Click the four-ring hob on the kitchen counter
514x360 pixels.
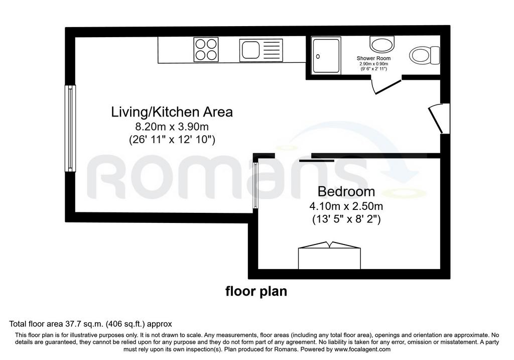pyautogui.click(x=206, y=50)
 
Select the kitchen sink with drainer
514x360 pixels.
pyautogui.click(x=261, y=50)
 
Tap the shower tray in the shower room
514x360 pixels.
pyautogui.click(x=326, y=55)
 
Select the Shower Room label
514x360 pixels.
pyautogui.click(x=373, y=58)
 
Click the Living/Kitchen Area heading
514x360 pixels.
pyautogui.click(x=172, y=112)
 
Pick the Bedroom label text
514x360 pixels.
pyautogui.click(x=346, y=191)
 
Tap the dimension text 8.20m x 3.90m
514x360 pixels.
pyautogui.click(x=172, y=126)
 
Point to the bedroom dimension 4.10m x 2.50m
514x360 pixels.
pyautogui.click(x=346, y=206)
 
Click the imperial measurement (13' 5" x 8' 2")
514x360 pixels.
pyautogui.click(x=346, y=219)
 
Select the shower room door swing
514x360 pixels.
pyautogui.click(x=386, y=86)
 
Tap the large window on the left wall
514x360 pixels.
pyautogui.click(x=70, y=128)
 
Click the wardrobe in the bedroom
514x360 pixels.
pyautogui.click(x=329, y=256)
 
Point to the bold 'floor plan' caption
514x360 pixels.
pyautogui.click(x=256, y=291)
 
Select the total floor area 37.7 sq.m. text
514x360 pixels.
pyautogui.click(x=90, y=324)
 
